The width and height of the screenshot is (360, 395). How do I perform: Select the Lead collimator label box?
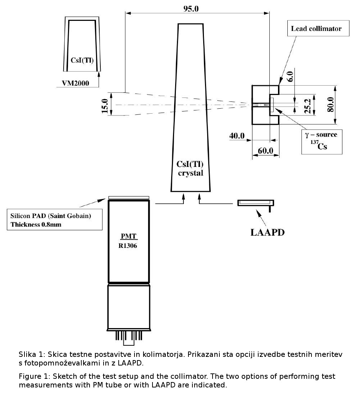point(318,28)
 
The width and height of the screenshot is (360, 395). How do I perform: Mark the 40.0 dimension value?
point(237,136)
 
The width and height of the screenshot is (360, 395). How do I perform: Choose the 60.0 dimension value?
point(266,150)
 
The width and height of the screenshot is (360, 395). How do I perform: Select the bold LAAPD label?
point(267,232)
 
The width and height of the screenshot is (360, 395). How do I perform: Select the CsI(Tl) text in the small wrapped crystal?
point(82,60)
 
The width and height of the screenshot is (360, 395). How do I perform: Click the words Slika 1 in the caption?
point(30,355)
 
